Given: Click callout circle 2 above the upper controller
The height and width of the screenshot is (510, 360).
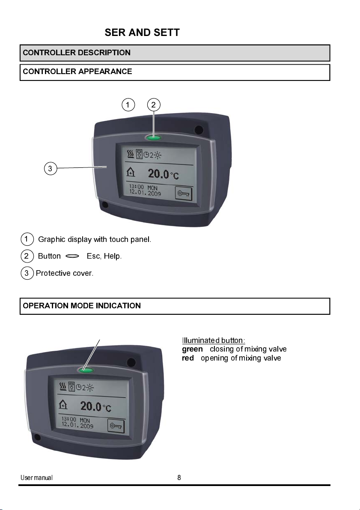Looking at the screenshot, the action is point(154,104).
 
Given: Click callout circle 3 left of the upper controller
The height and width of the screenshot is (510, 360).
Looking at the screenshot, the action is point(50,169).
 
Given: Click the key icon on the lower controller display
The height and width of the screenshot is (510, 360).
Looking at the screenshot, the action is point(116,426).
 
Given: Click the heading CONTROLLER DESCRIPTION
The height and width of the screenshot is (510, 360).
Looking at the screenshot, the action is point(77,53).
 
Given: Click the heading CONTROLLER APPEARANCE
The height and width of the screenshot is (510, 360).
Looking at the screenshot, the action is point(77,72).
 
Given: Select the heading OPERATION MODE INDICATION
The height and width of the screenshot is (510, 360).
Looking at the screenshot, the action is point(82,306).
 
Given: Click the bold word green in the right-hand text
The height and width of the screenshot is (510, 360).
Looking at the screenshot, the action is point(192,349).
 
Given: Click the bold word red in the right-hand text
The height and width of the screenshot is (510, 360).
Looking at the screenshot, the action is point(187,358).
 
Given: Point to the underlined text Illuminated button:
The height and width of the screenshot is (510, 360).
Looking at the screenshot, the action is point(213,340).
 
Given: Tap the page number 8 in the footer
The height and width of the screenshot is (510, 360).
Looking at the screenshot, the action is point(179,478).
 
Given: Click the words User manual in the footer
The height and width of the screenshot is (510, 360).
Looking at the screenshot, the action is point(37,478).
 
